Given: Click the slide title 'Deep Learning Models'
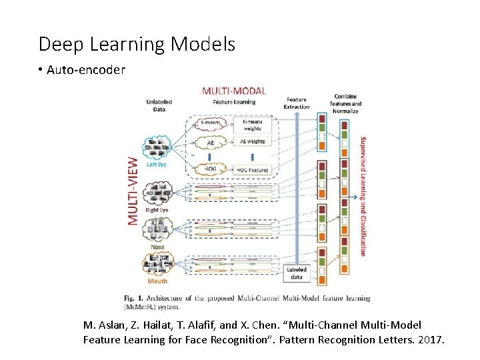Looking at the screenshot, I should point(137,45).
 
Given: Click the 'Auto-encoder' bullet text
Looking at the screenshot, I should point(86,70).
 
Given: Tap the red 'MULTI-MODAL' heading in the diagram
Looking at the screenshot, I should point(233,91).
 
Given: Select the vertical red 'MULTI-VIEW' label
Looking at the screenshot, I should point(133,190).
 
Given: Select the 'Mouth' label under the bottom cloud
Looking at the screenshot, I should point(158,282).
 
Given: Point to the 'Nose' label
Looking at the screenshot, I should point(158,247).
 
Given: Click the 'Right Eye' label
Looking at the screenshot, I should point(157,210).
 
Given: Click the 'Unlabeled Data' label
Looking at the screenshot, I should point(159,106).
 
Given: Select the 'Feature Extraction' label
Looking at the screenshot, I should point(297,103).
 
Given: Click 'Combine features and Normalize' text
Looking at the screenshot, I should point(346,103).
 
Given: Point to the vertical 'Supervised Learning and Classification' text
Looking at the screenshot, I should point(363,197).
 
